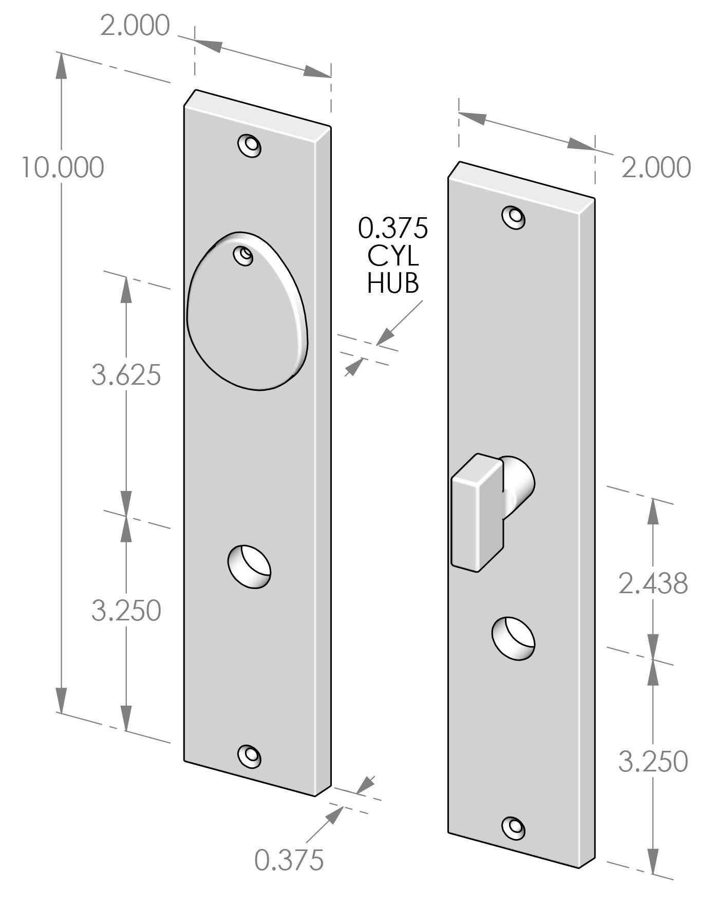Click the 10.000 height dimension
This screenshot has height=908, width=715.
[x=62, y=167]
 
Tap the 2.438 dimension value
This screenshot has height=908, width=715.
[x=652, y=583]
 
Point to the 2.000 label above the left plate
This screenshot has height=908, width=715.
[x=135, y=26]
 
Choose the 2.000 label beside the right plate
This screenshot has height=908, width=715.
[x=656, y=167]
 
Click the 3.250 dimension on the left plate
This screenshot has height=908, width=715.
[x=126, y=611]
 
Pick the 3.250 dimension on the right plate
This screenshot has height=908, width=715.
[x=652, y=761]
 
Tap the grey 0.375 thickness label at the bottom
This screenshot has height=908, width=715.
[x=289, y=860]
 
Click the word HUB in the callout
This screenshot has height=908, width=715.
[x=392, y=282]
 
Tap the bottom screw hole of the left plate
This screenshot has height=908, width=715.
[x=250, y=755]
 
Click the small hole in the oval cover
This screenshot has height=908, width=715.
[x=244, y=255]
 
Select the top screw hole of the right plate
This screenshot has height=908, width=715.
[x=514, y=217]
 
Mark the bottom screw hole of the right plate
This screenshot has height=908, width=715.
[x=514, y=826]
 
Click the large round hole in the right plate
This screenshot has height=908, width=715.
[x=513, y=637]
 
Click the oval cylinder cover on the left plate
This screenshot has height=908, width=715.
[x=247, y=318]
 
